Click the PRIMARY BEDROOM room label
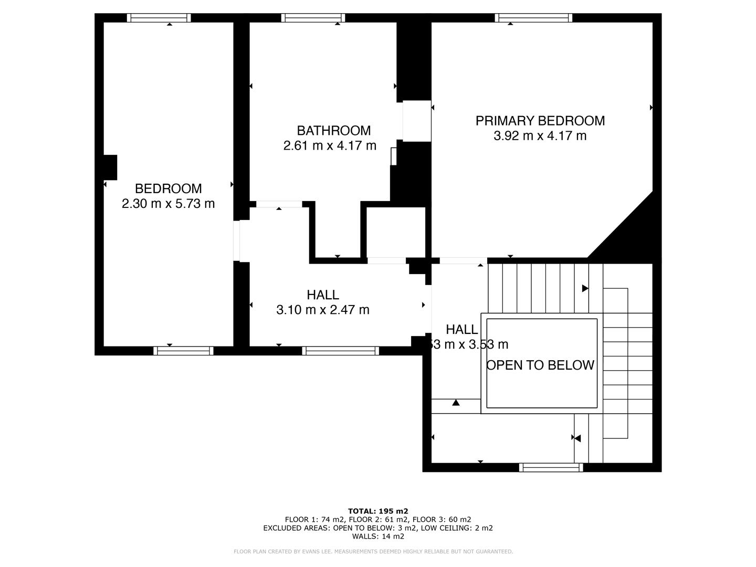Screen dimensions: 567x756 pyautogui.click(x=540, y=121)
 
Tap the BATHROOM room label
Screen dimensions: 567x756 pyautogui.click(x=333, y=130)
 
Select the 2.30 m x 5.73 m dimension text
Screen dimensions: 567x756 pyautogui.click(x=168, y=204)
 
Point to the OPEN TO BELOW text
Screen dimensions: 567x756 pyautogui.click(x=540, y=365)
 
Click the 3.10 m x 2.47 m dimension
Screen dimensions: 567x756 pyautogui.click(x=322, y=310)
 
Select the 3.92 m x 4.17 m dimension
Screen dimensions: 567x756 pyautogui.click(x=540, y=136)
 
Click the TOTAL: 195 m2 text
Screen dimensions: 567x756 pyautogui.click(x=378, y=511)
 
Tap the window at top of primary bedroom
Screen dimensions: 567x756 pyautogui.click(x=533, y=18)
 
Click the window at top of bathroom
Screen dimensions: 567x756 pyautogui.click(x=313, y=18)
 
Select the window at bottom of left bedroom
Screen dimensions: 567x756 pyautogui.click(x=183, y=351)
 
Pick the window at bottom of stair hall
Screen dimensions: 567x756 pyautogui.click(x=551, y=467)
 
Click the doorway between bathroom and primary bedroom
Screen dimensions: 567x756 pyautogui.click(x=417, y=121)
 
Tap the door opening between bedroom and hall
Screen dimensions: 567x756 pyautogui.click(x=237, y=241)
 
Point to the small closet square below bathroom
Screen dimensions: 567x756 pyautogui.click(x=395, y=232)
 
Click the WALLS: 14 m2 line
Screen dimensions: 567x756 pyautogui.click(x=378, y=536)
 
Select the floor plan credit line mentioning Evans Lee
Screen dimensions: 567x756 pyautogui.click(x=373, y=551)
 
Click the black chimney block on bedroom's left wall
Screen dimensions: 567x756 pyautogui.click(x=110, y=167)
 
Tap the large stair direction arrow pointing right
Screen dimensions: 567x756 pyautogui.click(x=585, y=288)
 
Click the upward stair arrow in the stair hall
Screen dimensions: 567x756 pyautogui.click(x=456, y=403)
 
